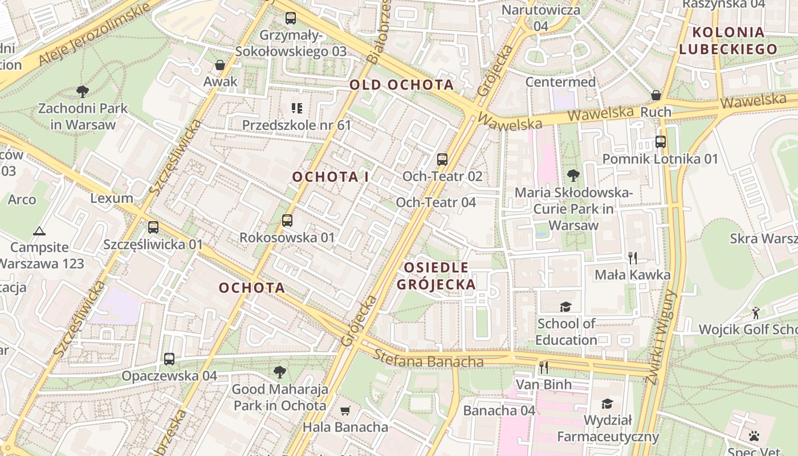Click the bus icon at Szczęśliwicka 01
tap(153, 227)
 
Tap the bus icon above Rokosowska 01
tap(287, 220)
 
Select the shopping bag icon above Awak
tap(220, 65)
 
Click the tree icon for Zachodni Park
tap(83, 91)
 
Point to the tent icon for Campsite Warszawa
tap(39, 231)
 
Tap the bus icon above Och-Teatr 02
tap(442, 159)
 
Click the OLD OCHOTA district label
tap(401, 85)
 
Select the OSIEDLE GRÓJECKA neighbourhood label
tap(436, 276)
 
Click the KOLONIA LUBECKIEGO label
tap(728, 40)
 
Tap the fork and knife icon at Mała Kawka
tap(633, 258)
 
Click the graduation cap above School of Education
tap(565, 307)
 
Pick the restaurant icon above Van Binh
tap(544, 367)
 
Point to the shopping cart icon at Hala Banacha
tap(345, 410)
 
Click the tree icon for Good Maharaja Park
tap(279, 372)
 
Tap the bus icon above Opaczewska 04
tap(169, 359)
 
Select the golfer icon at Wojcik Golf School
tap(756, 312)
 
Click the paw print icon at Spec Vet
tap(754, 436)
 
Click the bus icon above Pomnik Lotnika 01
tap(661, 141)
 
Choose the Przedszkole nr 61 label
tap(296, 125)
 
